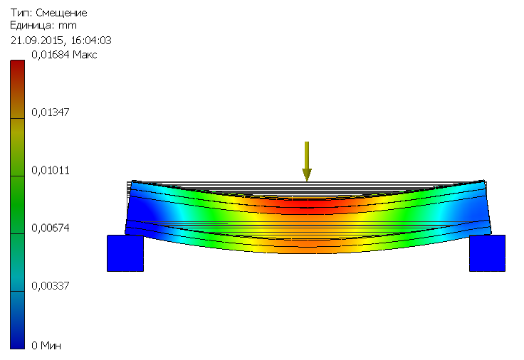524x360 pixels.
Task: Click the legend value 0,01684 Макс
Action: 64,55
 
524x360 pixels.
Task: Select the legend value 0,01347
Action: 50,112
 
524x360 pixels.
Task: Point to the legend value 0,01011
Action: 50,170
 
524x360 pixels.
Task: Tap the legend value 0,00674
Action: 50,228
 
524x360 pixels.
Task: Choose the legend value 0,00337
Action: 50,286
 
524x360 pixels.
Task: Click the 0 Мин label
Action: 46,345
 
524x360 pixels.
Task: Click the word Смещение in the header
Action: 61,13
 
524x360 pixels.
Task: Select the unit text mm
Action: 68,26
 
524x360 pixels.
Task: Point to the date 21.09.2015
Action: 36,41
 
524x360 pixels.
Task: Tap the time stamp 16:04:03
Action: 91,41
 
